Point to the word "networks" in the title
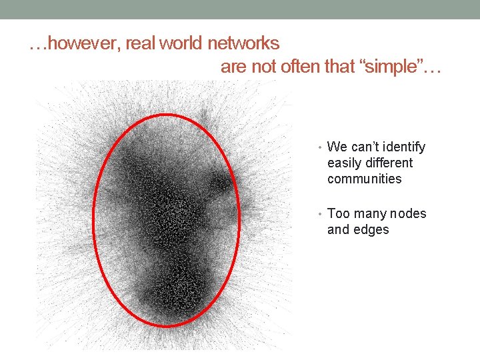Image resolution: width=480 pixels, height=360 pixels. [x=243, y=44]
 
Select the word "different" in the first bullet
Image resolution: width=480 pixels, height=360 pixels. [x=389, y=163]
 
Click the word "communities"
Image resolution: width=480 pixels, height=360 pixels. [x=365, y=179]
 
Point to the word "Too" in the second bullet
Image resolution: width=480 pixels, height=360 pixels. [x=339, y=213]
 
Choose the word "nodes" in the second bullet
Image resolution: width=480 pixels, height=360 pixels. [x=408, y=213]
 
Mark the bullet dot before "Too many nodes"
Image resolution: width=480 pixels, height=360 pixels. [x=321, y=214]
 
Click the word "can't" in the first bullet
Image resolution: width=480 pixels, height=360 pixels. [x=366, y=147]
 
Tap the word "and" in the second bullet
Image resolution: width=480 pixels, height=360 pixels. [x=339, y=229]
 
